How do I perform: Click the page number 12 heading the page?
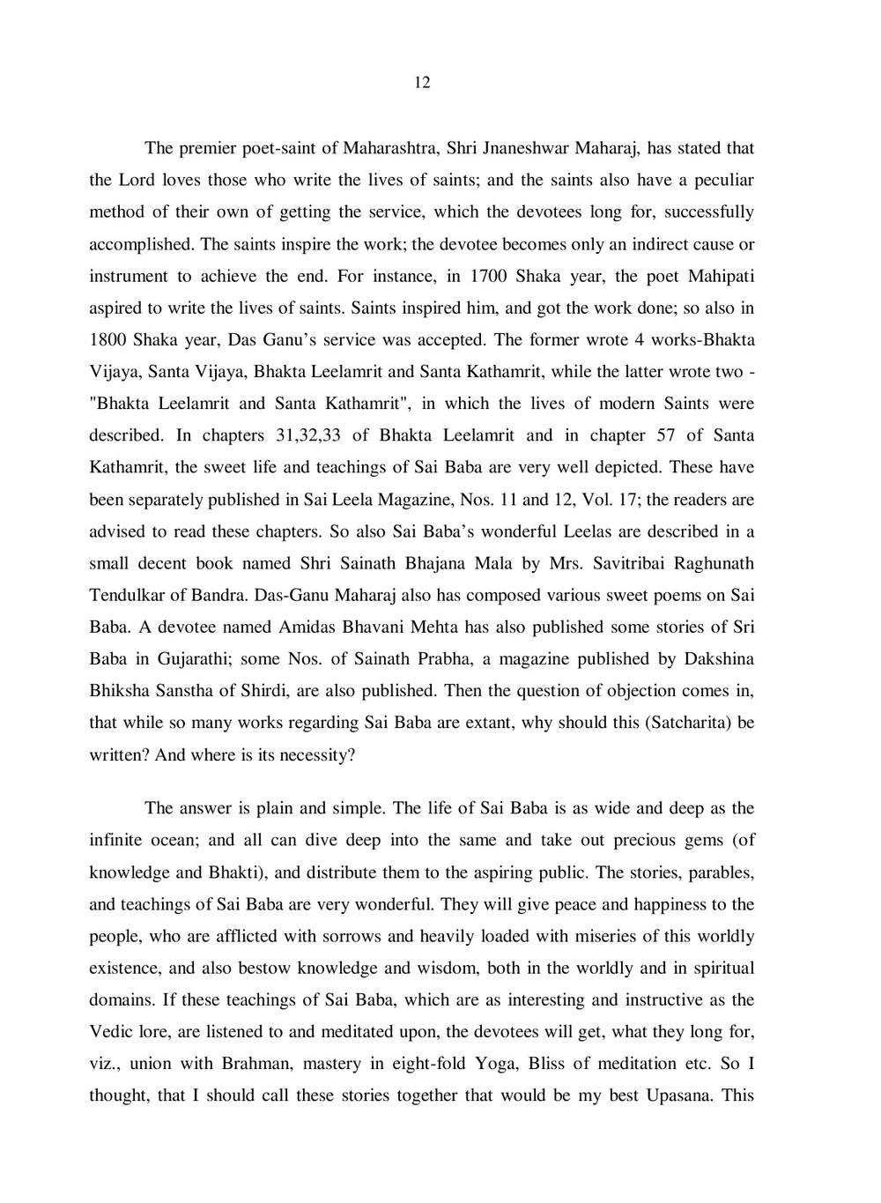[422, 83]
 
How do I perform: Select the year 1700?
[487, 276]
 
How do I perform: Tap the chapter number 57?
[665, 435]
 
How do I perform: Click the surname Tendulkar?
[127, 595]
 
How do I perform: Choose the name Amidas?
[310, 627]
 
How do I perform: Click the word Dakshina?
[719, 659]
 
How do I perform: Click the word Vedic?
[111, 1031]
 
